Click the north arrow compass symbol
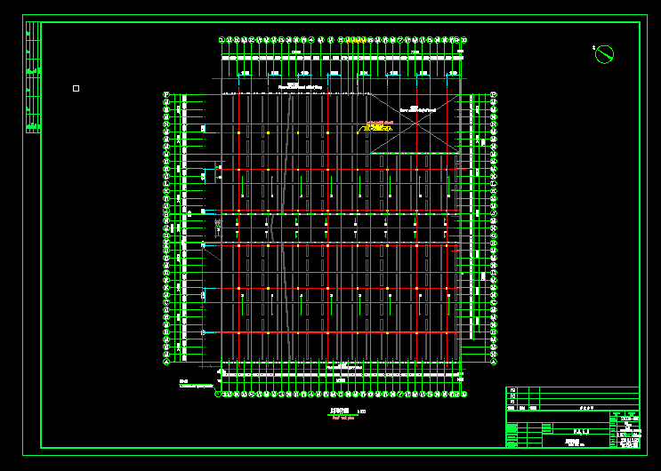click(x=604, y=55)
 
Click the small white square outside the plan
click(x=76, y=88)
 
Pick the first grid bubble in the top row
click(x=222, y=39)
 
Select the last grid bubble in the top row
click(x=464, y=39)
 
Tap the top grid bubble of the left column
click(x=166, y=95)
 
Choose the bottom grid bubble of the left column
click(x=166, y=362)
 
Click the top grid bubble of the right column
click(x=494, y=95)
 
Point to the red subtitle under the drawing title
click(x=339, y=416)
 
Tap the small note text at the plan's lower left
click(x=196, y=385)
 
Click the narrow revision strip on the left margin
click(x=34, y=78)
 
